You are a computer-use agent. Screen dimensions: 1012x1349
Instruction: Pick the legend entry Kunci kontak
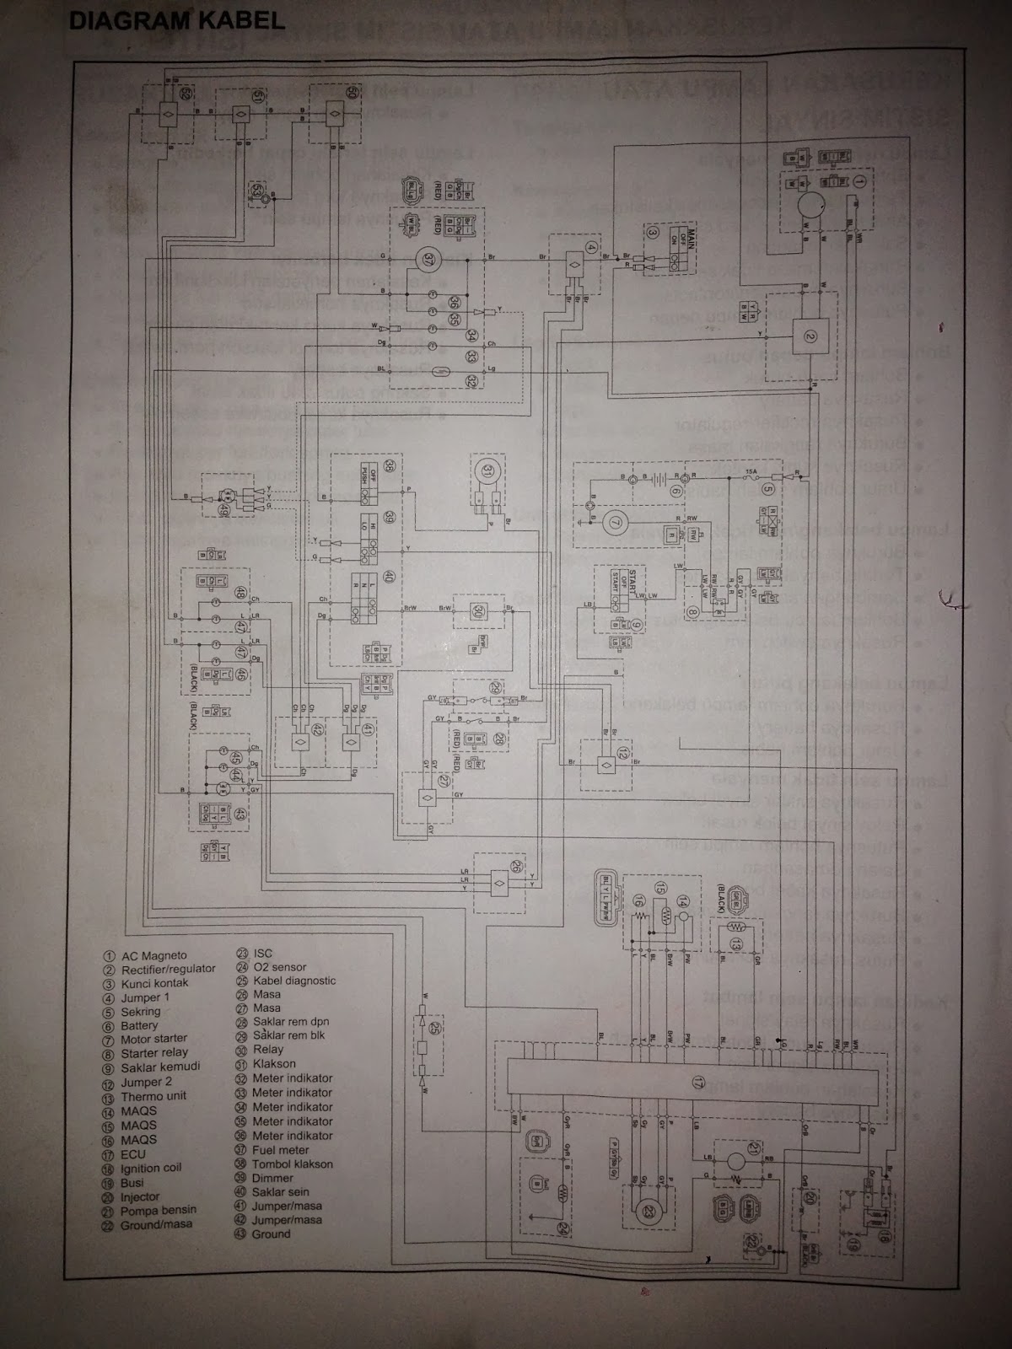click(154, 983)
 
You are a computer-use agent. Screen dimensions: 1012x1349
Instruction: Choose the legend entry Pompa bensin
click(159, 1211)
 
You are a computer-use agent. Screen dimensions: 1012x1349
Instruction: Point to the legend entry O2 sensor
click(279, 967)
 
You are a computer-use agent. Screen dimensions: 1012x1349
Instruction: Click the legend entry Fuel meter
click(281, 1150)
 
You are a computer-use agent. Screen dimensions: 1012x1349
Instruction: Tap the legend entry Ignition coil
click(151, 1169)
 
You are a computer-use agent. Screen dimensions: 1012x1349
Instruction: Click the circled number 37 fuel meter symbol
click(428, 259)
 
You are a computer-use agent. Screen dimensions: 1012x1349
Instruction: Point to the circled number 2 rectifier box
click(810, 336)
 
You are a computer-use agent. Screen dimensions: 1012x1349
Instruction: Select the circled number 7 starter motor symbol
click(615, 523)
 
